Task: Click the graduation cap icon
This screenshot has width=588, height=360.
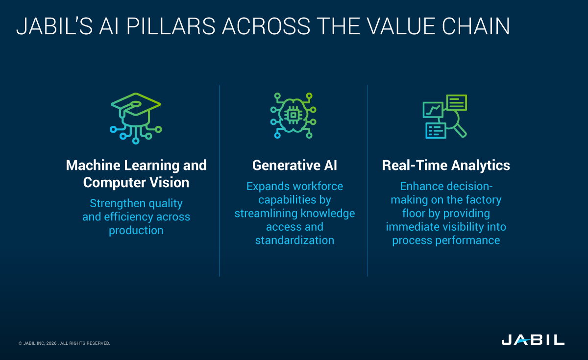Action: click(136, 118)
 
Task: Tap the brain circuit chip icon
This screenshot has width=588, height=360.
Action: click(293, 116)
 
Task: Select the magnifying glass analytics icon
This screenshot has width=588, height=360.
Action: click(445, 117)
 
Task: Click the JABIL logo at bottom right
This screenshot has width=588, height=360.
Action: click(533, 340)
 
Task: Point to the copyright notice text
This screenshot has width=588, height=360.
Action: click(64, 343)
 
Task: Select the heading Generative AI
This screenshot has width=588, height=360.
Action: click(294, 166)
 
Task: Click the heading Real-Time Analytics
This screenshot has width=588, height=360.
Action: click(446, 166)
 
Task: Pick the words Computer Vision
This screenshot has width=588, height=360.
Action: click(136, 183)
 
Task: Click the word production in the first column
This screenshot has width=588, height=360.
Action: click(136, 230)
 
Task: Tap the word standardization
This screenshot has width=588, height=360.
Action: click(294, 240)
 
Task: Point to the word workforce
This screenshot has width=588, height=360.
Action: click(318, 187)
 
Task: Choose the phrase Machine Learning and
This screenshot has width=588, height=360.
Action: click(136, 166)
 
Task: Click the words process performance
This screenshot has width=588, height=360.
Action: click(446, 240)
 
